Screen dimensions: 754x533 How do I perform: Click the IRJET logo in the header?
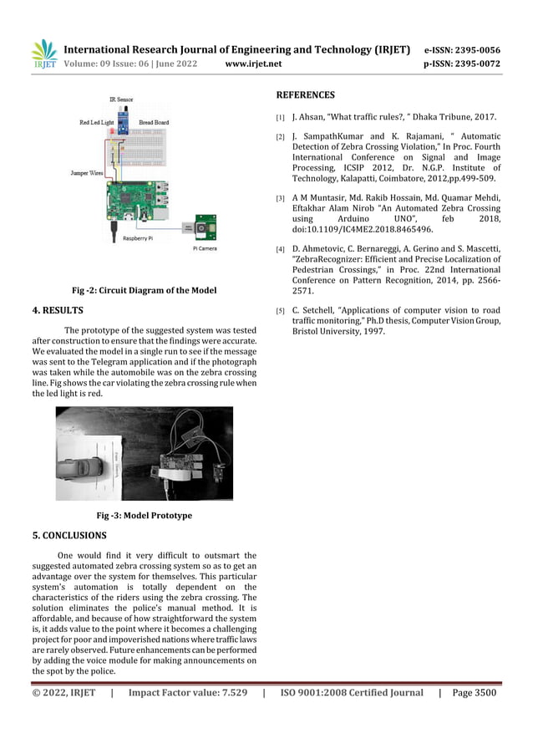click(43, 54)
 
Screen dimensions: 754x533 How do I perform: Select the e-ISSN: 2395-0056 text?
click(462, 49)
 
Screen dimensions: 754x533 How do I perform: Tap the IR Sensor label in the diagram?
click(121, 99)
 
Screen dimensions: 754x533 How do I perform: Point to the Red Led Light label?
click(97, 122)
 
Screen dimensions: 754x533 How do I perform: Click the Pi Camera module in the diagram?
click(203, 229)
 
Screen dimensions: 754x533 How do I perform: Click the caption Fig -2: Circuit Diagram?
click(144, 291)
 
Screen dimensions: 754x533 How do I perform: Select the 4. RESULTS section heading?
click(58, 312)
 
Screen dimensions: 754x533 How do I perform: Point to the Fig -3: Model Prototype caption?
click(144, 516)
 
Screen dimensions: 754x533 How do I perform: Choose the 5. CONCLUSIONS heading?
click(69, 535)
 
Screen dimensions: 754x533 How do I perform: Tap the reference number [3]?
click(281, 198)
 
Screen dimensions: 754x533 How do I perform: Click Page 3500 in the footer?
click(474, 692)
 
